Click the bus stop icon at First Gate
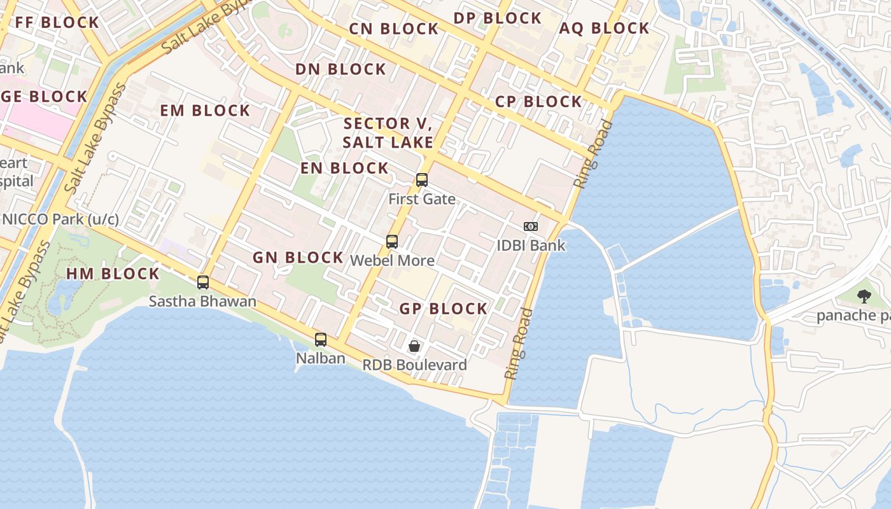point(421,180)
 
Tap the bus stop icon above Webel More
point(392,242)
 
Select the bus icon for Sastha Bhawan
point(203,282)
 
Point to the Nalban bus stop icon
point(321,340)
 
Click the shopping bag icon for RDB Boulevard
point(414,346)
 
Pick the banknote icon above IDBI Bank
point(530,227)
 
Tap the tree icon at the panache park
point(864,296)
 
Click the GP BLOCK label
point(443,309)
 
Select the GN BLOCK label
point(298,258)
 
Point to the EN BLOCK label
point(344,169)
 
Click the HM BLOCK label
point(113,274)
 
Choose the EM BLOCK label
point(205,111)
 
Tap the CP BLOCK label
point(538,102)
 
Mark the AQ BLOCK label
point(604,29)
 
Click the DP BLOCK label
point(497,18)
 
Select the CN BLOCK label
point(394,29)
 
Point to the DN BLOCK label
point(340,69)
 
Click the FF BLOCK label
point(57,23)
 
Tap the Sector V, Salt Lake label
point(388,133)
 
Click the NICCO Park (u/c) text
point(60,220)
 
